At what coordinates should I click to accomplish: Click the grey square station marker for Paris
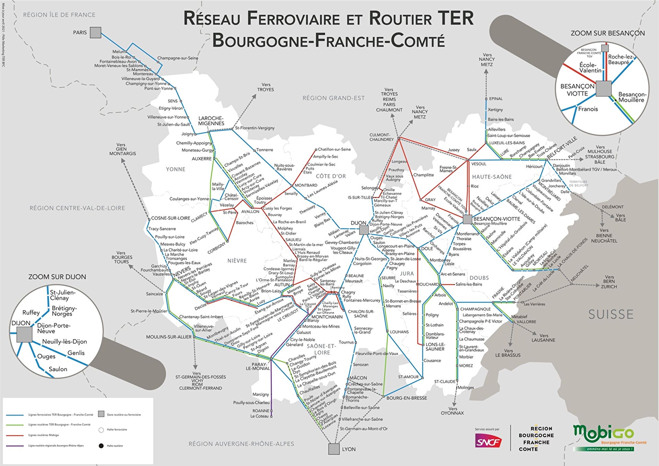(x=96, y=33)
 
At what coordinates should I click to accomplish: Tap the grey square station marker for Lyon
(x=334, y=449)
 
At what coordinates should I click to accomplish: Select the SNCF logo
(x=488, y=442)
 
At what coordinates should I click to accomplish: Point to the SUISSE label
(x=611, y=315)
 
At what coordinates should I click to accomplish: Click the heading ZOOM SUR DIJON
(x=57, y=277)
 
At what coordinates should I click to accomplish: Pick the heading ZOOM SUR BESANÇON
(x=607, y=33)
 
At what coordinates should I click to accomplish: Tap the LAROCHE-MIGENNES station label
(x=211, y=121)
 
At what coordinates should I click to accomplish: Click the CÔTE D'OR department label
(x=331, y=176)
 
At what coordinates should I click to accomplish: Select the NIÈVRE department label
(x=237, y=261)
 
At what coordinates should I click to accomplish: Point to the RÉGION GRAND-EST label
(x=333, y=98)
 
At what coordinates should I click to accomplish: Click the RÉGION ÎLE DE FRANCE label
(x=59, y=15)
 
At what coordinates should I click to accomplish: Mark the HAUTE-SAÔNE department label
(x=492, y=177)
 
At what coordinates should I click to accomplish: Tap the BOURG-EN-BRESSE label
(x=406, y=398)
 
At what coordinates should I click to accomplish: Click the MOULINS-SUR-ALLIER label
(x=169, y=337)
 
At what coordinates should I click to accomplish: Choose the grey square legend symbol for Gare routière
(x=101, y=414)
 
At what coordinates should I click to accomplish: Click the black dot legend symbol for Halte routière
(x=101, y=446)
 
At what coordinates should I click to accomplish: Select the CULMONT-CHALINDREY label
(x=382, y=137)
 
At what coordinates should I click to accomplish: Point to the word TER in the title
(x=455, y=19)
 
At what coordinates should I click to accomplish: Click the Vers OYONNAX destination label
(x=453, y=411)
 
